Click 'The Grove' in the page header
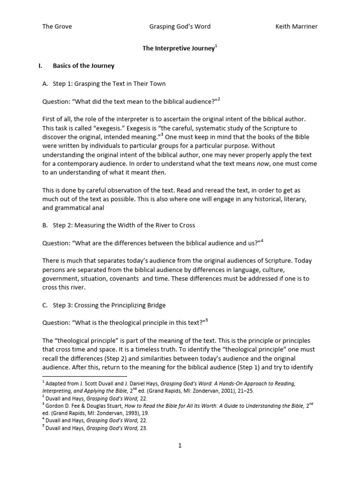point(57,27)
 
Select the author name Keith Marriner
point(296,27)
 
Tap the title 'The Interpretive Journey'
point(178,48)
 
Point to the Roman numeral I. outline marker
point(40,66)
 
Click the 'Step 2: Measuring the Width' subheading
point(124,225)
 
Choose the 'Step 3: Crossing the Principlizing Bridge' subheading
point(109,305)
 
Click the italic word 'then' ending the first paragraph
point(158,172)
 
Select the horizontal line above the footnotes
point(84,376)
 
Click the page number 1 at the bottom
point(180,446)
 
